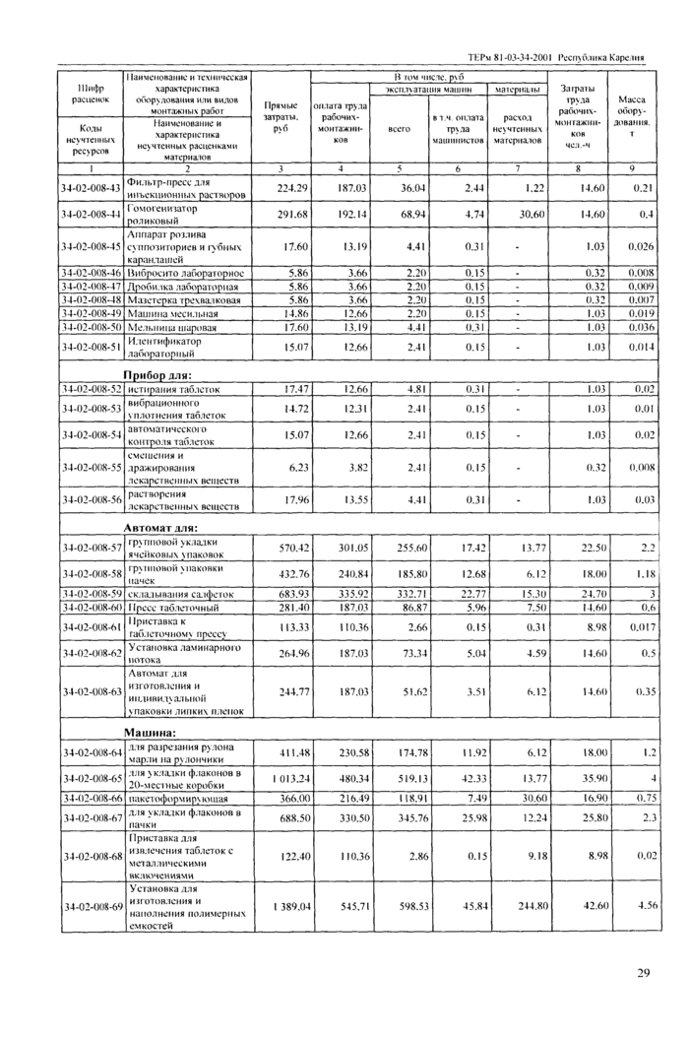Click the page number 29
pyautogui.click(x=643, y=974)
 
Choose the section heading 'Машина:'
pyautogui.click(x=150, y=733)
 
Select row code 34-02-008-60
pyautogui.click(x=91, y=608)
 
